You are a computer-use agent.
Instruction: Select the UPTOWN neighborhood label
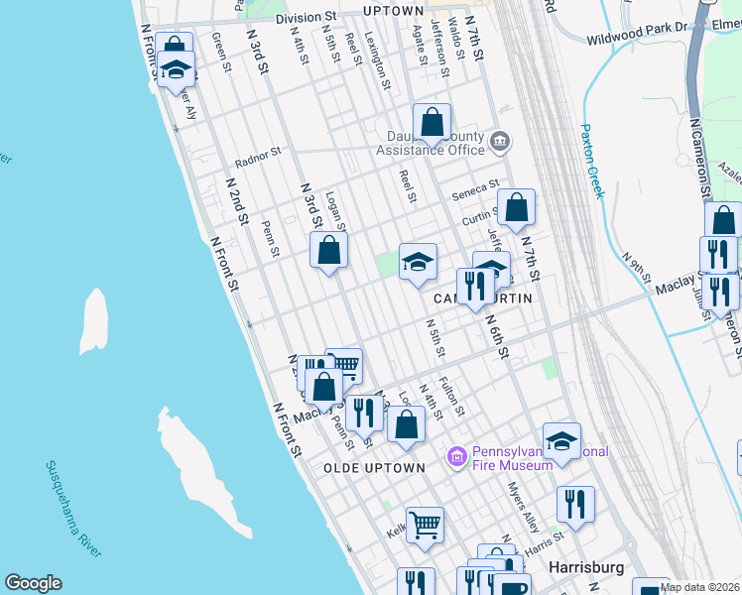tap(365, 11)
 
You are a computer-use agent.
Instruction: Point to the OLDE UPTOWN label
tap(374, 467)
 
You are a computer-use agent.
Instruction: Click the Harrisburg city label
tap(586, 568)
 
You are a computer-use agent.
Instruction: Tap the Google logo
tap(33, 583)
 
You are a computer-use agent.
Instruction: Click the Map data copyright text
tap(699, 588)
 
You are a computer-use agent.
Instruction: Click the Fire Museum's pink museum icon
tap(456, 457)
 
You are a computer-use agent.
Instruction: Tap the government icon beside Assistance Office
tap(500, 142)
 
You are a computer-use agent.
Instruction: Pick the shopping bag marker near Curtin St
tap(516, 208)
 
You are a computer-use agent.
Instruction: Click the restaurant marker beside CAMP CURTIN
tap(475, 286)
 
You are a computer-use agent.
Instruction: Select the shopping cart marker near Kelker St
tap(425, 524)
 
